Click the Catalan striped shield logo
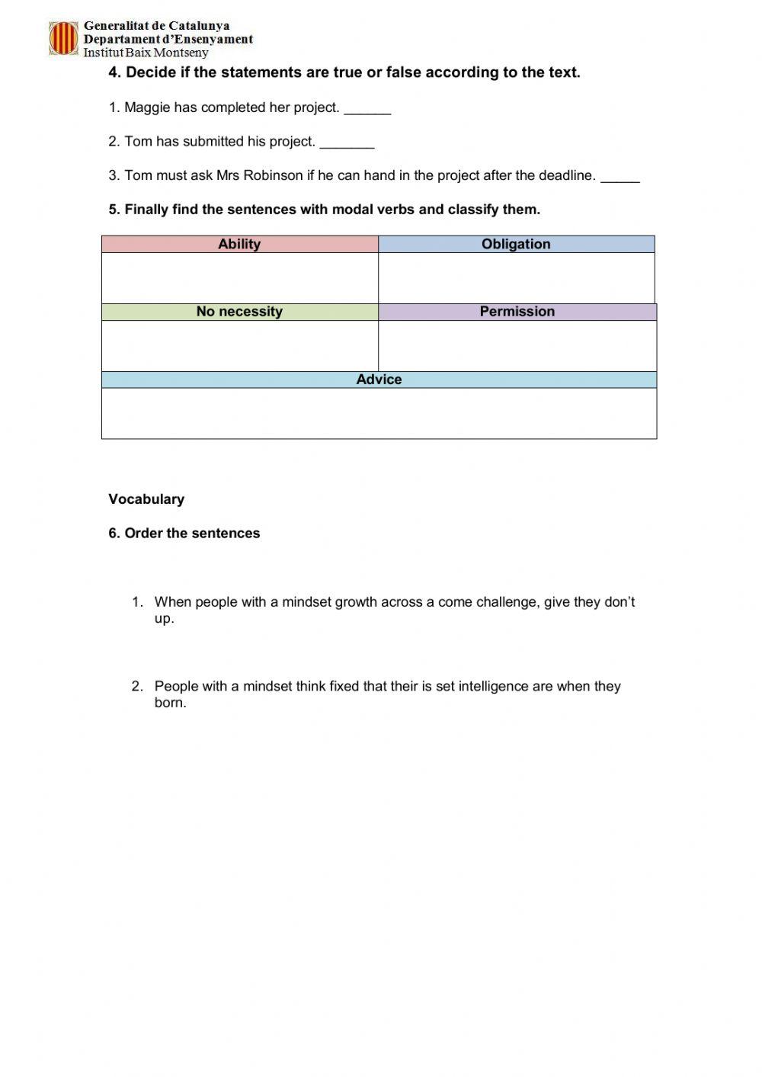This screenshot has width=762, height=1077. tap(63, 38)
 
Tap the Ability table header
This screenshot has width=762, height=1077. tap(239, 244)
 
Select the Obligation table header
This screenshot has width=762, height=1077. tap(516, 244)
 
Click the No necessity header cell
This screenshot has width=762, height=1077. tap(239, 312)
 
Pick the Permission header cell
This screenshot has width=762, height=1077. tap(517, 312)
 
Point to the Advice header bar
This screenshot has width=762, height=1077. tap(379, 380)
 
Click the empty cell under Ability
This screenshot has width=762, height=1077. tap(239, 277)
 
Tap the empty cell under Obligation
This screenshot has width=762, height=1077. tap(516, 277)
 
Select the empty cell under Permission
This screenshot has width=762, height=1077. tap(517, 345)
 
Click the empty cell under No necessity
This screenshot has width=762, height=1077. tap(239, 345)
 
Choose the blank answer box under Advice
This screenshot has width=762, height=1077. tap(379, 413)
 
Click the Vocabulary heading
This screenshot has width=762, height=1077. tap(146, 499)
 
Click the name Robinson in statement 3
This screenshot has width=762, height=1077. tap(273, 175)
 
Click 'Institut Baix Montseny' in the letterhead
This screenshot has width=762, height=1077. tap(146, 53)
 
